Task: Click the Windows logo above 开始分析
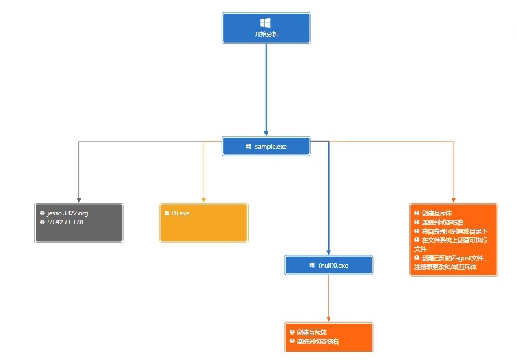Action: [266, 23]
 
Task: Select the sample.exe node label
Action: [271, 147]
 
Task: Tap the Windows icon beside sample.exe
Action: [249, 147]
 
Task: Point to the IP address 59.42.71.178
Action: [65, 222]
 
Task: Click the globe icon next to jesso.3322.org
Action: [43, 213]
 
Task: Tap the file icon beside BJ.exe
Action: [167, 213]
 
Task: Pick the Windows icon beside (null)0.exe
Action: [312, 265]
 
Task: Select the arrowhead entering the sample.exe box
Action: [266, 134]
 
